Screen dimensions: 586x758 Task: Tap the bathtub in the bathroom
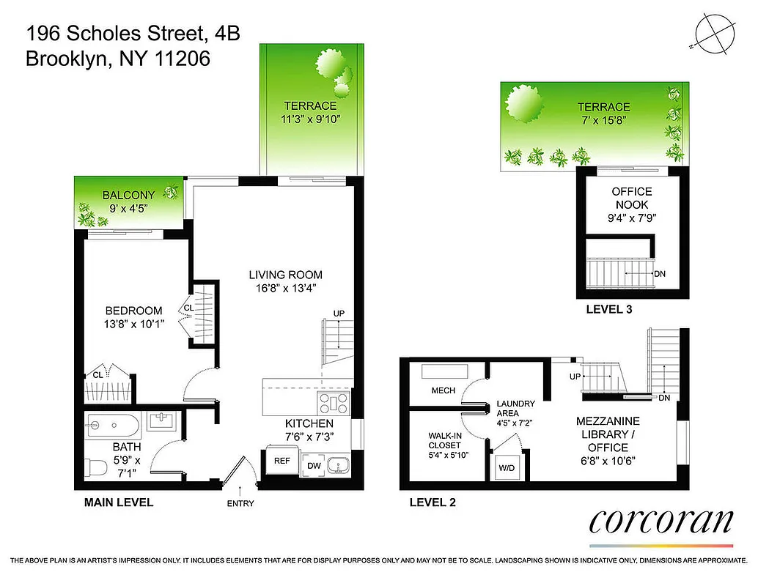[110, 424]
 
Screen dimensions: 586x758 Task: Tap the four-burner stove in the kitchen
[334, 402]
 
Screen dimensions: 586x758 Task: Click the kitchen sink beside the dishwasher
[339, 464]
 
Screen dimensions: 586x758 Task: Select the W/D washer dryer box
[507, 467]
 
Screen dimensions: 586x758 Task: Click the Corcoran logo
[661, 522]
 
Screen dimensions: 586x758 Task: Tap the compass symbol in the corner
[712, 34]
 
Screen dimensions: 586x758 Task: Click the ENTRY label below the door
[241, 505]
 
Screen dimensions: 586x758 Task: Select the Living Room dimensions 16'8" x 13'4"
[285, 288]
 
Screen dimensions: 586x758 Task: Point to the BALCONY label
[128, 195]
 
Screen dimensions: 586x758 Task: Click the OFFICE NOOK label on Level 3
[630, 199]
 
